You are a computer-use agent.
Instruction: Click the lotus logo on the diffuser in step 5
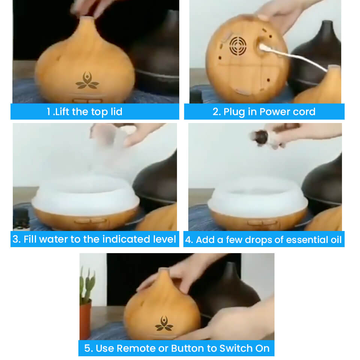click(164, 323)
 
